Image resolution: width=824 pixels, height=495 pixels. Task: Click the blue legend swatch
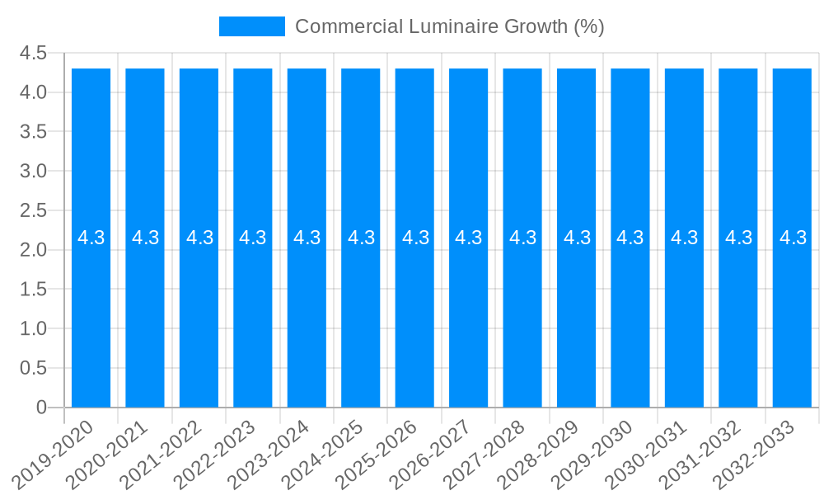(x=251, y=26)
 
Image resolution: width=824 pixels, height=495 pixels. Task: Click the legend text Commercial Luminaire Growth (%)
(x=449, y=26)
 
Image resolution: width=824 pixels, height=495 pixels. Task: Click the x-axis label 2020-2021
(x=107, y=454)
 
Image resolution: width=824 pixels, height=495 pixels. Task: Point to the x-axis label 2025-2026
(x=377, y=454)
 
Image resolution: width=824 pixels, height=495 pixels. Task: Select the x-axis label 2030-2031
(x=646, y=454)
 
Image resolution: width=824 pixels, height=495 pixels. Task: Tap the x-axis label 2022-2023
(x=215, y=454)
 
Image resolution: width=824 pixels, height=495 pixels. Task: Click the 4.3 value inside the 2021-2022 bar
(x=199, y=238)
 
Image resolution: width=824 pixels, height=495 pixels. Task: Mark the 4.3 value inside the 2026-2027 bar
(x=469, y=238)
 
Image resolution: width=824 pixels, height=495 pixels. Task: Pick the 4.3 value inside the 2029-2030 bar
(x=630, y=238)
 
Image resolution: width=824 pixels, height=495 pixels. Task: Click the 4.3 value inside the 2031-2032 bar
(x=738, y=238)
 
